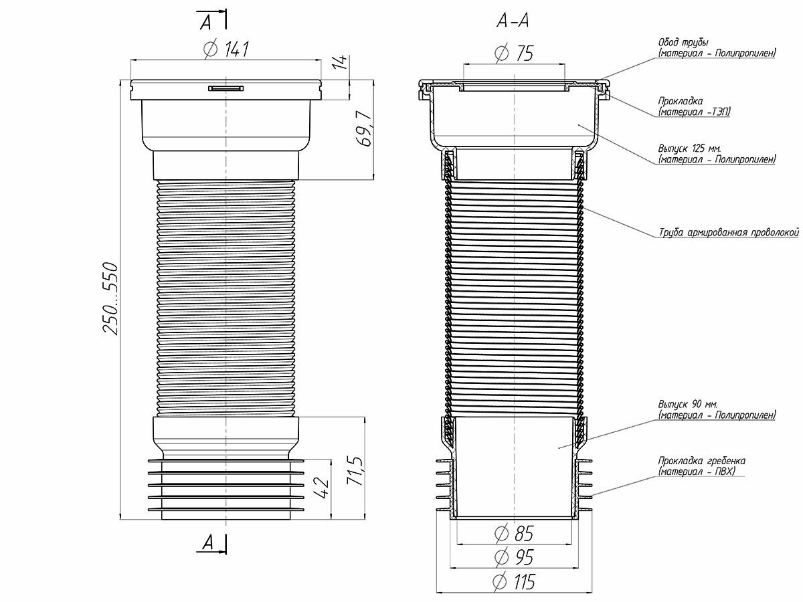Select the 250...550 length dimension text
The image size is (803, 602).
108,299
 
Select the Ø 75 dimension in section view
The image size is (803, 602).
515,54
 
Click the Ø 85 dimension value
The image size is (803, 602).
515,534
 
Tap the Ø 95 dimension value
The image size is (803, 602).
515,557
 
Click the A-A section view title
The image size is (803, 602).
513,22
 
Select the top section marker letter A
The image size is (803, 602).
205,22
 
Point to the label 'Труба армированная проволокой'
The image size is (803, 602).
729,232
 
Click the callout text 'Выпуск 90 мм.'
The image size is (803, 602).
687,405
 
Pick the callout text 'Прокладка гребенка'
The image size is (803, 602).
701,461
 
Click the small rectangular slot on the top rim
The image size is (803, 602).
227,88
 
